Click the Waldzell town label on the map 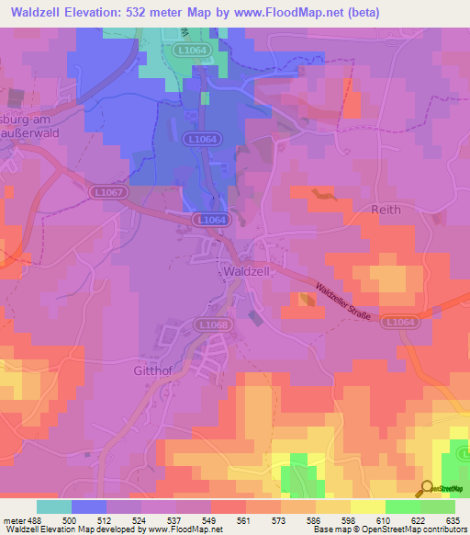point(245,273)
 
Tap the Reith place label point(386,210)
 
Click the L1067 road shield point(106,191)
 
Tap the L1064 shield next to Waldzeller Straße point(399,322)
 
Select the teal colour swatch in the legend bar point(54,507)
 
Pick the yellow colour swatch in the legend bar point(368,507)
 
